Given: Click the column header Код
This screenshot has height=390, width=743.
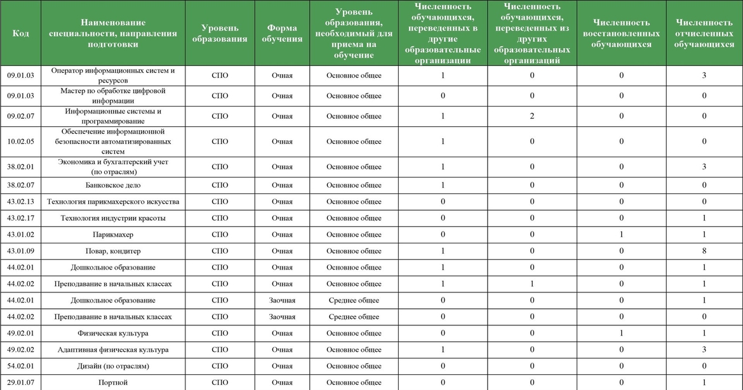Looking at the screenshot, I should click(20, 33).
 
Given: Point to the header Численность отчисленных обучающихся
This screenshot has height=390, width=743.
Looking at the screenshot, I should click(704, 33).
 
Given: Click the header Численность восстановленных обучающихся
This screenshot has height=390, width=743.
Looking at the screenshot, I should click(621, 33).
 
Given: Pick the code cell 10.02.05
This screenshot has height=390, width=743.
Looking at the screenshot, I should click(20, 141).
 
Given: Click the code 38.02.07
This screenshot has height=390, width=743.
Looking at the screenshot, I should click(20, 185).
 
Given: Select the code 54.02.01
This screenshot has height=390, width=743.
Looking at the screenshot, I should click(20, 366).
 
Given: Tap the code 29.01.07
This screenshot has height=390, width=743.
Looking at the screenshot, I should click(20, 382).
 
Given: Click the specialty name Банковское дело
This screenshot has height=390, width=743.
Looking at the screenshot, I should click(113, 185).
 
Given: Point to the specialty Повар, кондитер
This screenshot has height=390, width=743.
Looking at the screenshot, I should click(113, 251).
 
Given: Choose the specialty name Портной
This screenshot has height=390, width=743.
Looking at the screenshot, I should click(113, 382).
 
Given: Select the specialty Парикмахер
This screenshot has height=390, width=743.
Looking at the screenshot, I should click(113, 235).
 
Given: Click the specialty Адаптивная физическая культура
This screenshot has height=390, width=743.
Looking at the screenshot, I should click(113, 349).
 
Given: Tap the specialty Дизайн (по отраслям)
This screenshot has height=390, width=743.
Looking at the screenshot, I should click(113, 366).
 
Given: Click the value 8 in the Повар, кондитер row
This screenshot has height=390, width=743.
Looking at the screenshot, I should click(704, 251).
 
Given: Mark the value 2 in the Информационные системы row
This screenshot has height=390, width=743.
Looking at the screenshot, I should click(532, 116).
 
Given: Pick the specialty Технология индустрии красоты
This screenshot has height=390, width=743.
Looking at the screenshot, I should click(113, 218).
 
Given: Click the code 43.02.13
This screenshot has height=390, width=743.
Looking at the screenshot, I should click(20, 202).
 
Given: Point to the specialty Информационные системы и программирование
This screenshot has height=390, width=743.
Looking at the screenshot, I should click(113, 116).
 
